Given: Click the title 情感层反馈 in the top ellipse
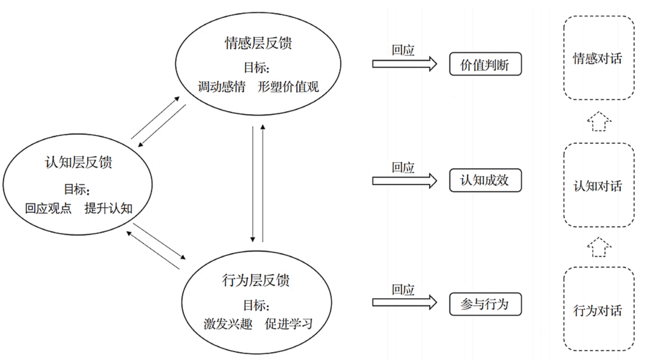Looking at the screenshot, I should [x=258, y=44].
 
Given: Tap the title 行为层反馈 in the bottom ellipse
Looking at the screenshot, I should [x=258, y=281].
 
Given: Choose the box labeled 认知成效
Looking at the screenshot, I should [x=485, y=180].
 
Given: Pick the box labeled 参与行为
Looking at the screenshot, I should [x=485, y=304].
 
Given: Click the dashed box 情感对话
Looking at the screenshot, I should [x=598, y=58].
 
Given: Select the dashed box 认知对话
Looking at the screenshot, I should [x=598, y=186].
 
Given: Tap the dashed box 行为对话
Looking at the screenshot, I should [x=598, y=311].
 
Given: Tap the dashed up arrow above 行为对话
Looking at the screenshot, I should [x=599, y=247].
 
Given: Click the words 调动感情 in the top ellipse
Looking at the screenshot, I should [x=222, y=87].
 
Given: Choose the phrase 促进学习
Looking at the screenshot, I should [x=288, y=324].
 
